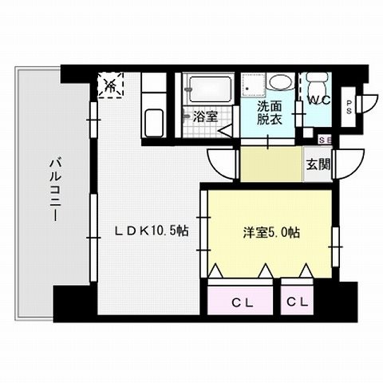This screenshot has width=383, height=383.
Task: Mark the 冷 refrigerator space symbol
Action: [112, 85]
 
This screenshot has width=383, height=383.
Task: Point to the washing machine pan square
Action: [254, 86]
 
